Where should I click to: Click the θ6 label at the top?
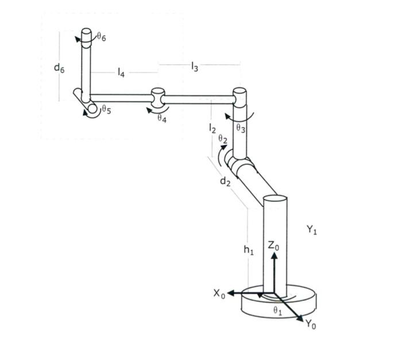click(101, 37)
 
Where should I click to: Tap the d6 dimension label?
click(59, 68)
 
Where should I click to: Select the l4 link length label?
click(122, 72)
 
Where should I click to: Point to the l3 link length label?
click(195, 67)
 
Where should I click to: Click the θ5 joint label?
click(106, 110)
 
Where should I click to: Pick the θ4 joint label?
click(162, 118)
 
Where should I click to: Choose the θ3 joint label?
click(241, 129)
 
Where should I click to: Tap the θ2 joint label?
click(223, 140)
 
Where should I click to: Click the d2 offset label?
click(225, 181)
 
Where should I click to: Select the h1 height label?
click(248, 250)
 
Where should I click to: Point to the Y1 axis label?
click(312, 230)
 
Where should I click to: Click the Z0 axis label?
click(274, 246)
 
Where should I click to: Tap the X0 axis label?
click(219, 293)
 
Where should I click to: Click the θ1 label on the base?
click(277, 311)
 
